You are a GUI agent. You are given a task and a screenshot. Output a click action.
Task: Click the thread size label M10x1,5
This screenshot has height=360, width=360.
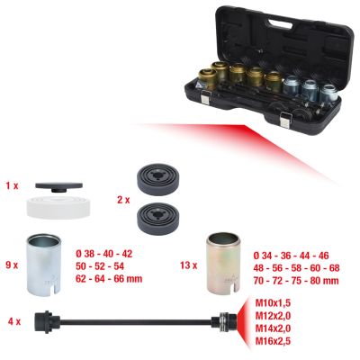(x=273, y=303)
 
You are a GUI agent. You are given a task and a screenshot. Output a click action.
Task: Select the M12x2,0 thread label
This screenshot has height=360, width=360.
(x=273, y=316)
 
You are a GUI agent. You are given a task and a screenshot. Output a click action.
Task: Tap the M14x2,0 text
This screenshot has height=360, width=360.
(x=273, y=328)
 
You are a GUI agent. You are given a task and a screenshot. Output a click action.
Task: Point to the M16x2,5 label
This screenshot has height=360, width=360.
(x=273, y=341)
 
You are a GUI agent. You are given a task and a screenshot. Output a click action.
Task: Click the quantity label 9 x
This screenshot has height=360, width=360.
(x=12, y=265)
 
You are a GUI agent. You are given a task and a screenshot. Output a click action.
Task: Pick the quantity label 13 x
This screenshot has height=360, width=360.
(x=188, y=265)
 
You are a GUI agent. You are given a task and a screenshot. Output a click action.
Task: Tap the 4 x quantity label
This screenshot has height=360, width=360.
(x=14, y=322)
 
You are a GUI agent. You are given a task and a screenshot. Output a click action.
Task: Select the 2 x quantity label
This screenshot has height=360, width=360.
(x=123, y=200)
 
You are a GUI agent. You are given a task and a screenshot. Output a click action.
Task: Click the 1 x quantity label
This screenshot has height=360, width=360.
(x=12, y=186)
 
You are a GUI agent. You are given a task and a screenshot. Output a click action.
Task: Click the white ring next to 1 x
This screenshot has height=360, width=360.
(x=58, y=207)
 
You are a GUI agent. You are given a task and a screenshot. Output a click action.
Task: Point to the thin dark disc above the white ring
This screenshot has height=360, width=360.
(x=58, y=186)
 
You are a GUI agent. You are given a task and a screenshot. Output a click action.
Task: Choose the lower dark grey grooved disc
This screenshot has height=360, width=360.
(x=157, y=217)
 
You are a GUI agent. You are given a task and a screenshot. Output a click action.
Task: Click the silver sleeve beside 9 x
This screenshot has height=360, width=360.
(x=44, y=264)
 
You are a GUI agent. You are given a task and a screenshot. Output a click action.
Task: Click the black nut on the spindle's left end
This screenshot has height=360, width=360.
(x=44, y=321)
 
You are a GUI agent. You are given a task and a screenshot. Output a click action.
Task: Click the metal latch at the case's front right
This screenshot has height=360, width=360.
(x=284, y=119)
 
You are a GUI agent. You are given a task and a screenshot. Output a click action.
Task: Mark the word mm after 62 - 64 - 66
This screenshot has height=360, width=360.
(x=134, y=279)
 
